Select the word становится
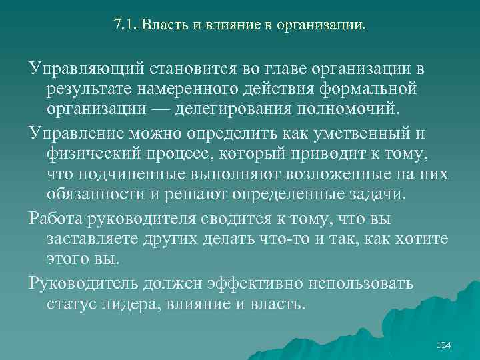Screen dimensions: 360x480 [185, 70]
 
